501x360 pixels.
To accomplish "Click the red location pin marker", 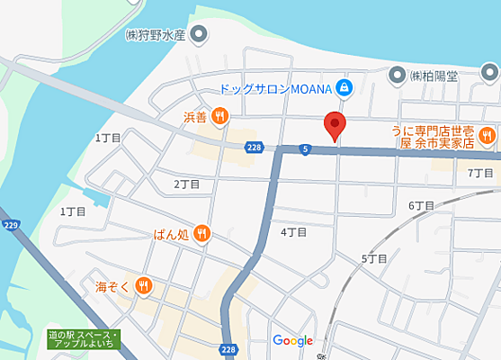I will coord(335,127).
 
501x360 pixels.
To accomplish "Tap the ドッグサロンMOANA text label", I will coord(276,87).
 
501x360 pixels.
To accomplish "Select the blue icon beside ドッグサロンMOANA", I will coord(344,87).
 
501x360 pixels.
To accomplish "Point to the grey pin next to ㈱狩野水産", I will coord(200,35).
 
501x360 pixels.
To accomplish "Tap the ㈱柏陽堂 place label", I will coord(434,76).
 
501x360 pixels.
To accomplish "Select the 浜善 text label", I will coord(195,116).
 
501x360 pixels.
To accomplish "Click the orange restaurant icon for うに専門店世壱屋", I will coord(487,136).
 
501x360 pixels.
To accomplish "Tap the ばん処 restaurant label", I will coord(170,235).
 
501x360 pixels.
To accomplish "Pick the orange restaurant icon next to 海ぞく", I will coord(143,287).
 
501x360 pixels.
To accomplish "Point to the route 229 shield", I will coord(11,225).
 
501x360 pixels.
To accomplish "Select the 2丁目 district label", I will coord(187,184).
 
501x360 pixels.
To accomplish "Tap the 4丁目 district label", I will coord(293,232).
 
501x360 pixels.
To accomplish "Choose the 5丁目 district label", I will coord(374,258).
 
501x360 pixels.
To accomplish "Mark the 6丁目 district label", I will coord(421,205).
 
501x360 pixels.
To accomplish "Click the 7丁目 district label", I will coord(480,172).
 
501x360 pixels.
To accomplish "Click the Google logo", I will coord(292,340).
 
